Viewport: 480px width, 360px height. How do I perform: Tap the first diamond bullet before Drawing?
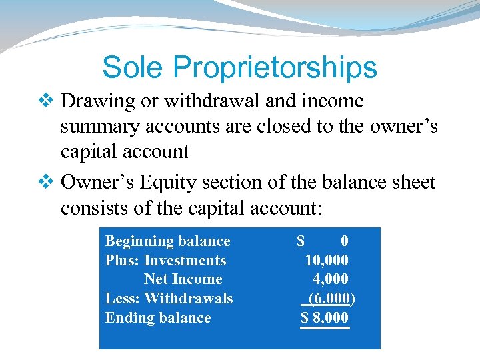(46, 101)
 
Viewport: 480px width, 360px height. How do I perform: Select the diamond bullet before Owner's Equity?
(46, 183)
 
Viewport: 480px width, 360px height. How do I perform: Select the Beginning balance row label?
(168, 241)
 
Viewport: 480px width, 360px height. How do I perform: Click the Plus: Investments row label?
(165, 261)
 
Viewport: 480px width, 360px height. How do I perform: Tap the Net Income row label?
(183, 279)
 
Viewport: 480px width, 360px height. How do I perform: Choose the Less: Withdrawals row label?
(169, 298)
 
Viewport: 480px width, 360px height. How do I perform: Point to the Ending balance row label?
(158, 317)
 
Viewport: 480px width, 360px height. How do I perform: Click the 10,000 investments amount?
(327, 261)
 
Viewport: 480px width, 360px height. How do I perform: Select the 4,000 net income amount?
(331, 279)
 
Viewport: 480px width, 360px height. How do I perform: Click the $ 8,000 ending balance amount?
(325, 317)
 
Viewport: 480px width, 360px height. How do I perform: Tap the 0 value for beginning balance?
(344, 241)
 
